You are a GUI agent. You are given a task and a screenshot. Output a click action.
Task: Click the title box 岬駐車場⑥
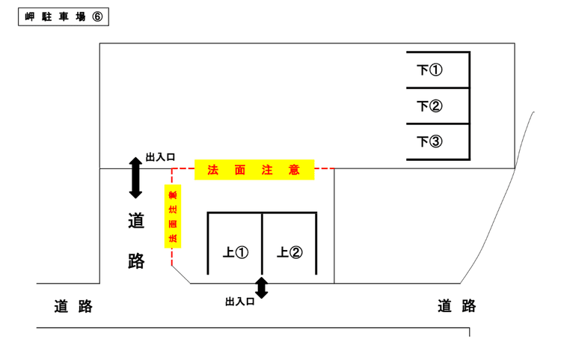pyautogui.click(x=63, y=17)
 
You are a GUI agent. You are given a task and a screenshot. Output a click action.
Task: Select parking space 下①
pyautogui.click(x=438, y=70)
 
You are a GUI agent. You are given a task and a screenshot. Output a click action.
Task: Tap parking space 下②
pyautogui.click(x=438, y=106)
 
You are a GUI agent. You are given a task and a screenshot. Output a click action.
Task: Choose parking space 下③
pyautogui.click(x=438, y=141)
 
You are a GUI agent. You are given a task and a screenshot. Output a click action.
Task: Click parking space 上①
pyautogui.click(x=235, y=252)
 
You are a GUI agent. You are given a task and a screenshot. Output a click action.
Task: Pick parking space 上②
pyautogui.click(x=289, y=252)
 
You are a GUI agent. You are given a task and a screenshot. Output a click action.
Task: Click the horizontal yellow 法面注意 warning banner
pyautogui.click(x=254, y=170)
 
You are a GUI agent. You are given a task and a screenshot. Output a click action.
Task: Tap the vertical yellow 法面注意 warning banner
pyautogui.click(x=173, y=216)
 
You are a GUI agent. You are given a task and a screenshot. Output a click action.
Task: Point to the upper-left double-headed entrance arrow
pyautogui.click(x=135, y=178)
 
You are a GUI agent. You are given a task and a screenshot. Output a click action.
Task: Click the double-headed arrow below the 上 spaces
pyautogui.click(x=261, y=288)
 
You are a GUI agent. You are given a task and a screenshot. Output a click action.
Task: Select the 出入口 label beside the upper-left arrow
pyautogui.click(x=160, y=157)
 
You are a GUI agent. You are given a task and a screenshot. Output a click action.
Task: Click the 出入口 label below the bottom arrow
pyautogui.click(x=240, y=302)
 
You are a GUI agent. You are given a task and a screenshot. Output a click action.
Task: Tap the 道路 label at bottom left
pyautogui.click(x=73, y=306)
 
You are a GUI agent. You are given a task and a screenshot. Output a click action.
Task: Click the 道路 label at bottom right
pyautogui.click(x=456, y=306)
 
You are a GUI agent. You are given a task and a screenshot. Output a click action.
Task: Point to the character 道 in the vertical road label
pyautogui.click(x=136, y=222)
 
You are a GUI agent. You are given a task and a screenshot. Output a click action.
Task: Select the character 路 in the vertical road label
pyautogui.click(x=136, y=260)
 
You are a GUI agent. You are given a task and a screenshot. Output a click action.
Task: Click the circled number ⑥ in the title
pyautogui.click(x=96, y=17)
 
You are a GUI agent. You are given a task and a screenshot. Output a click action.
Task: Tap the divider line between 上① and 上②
pyautogui.click(x=262, y=244)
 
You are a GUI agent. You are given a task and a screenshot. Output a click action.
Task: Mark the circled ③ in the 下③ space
pyautogui.click(x=436, y=141)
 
